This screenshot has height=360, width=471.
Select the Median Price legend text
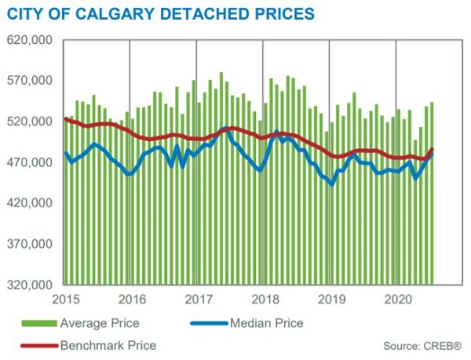(x=267, y=322)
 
